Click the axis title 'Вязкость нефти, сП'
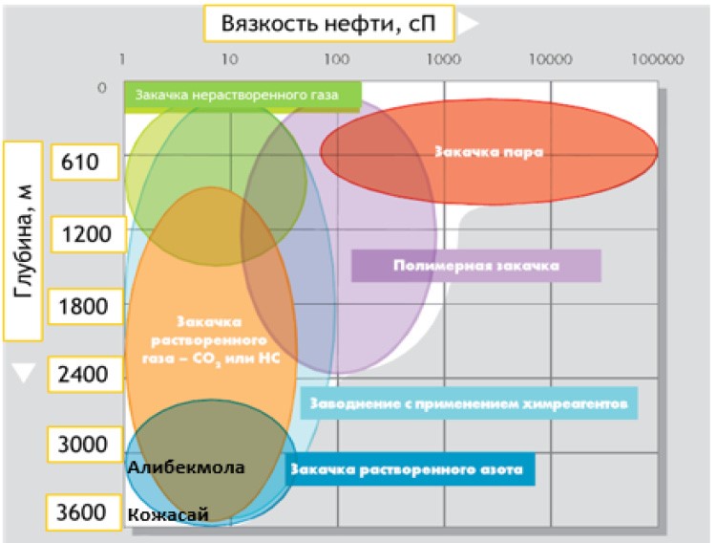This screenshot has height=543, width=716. [325, 23]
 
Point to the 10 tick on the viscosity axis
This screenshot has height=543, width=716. [229, 59]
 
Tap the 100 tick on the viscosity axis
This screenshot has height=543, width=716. [335, 59]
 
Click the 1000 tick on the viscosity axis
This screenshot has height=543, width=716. [442, 59]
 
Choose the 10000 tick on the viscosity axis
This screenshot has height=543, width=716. [549, 59]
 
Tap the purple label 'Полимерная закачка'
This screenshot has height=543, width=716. [475, 265]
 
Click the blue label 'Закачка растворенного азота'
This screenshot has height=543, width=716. [411, 470]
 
